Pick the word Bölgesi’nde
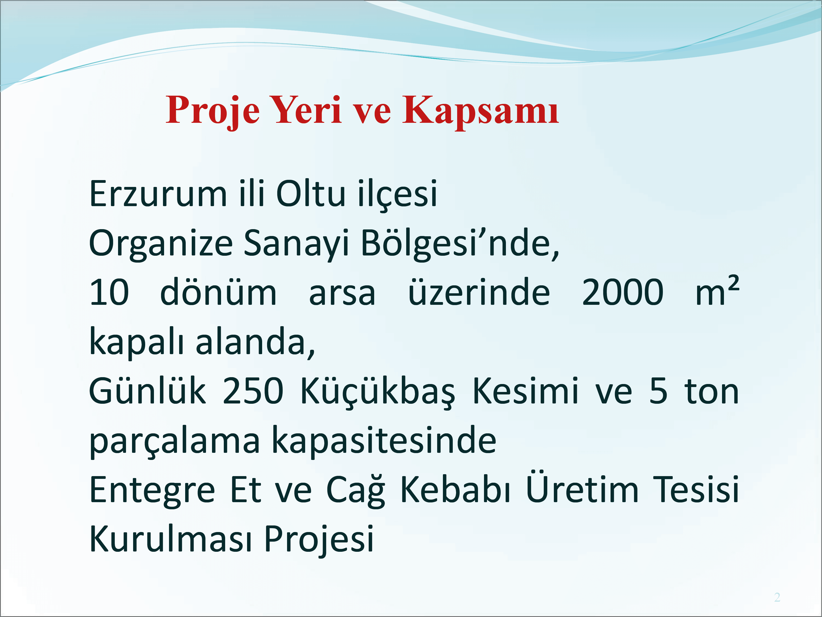[460, 244]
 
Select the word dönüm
[218, 292]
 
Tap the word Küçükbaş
[377, 392]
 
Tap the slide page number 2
[777, 597]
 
